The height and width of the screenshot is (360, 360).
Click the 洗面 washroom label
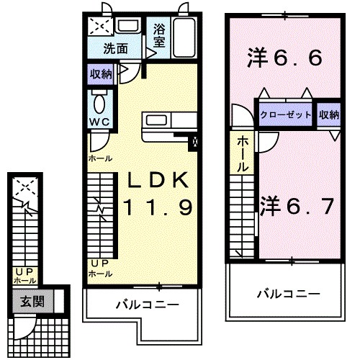[115, 50]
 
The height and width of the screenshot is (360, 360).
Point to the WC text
[99, 122]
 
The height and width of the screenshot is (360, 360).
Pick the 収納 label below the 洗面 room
[101, 73]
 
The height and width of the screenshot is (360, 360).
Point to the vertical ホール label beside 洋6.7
[244, 153]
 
